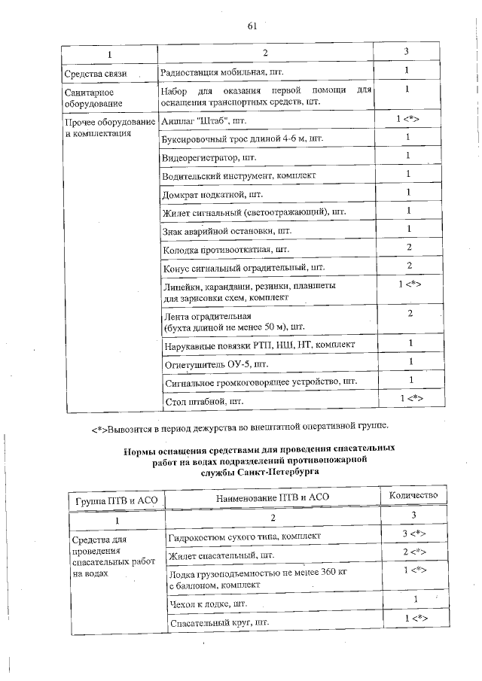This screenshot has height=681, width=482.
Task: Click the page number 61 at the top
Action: click(x=252, y=28)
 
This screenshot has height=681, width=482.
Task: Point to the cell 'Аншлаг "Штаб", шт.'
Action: click(x=204, y=120)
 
